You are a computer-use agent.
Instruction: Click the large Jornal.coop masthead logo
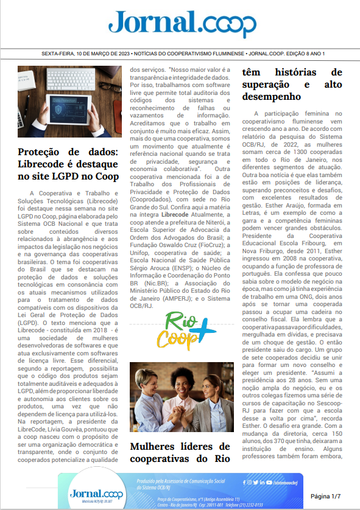pyautogui.click(x=182, y=24)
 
